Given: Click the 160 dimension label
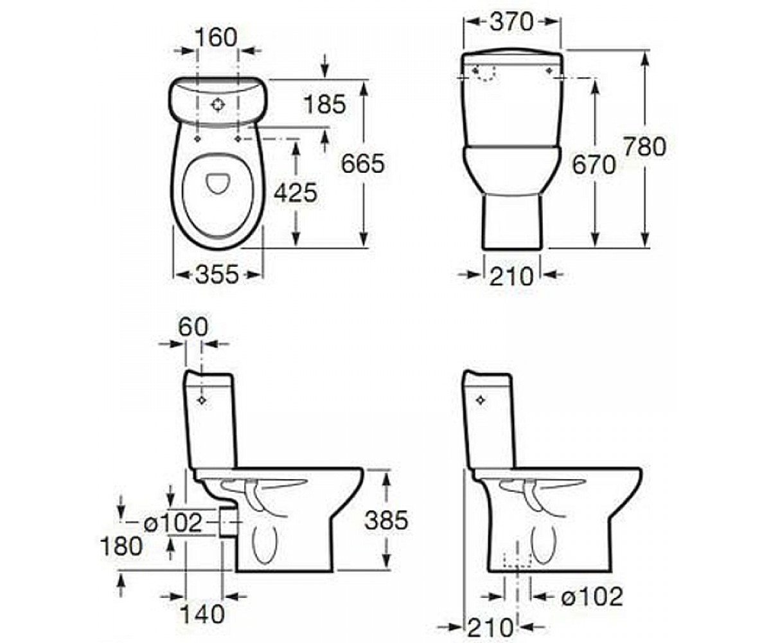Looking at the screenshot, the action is tap(216, 37).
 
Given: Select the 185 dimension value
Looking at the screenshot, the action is tap(325, 105).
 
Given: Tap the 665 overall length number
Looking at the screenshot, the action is tap(363, 164).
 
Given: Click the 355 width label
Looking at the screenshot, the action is tap(217, 275).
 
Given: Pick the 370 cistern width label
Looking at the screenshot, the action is tap(512, 22).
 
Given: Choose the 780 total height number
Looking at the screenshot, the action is tap(644, 147).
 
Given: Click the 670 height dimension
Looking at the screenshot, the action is tap(594, 165).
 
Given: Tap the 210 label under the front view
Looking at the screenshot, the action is tap(512, 276).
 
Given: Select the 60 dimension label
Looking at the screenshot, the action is tap(193, 327).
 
